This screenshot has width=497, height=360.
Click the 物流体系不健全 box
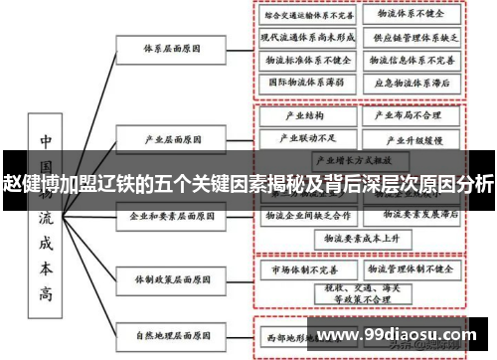(411, 16)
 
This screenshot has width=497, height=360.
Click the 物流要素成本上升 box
(355, 239)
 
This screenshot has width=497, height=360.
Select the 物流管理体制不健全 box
(410, 269)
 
